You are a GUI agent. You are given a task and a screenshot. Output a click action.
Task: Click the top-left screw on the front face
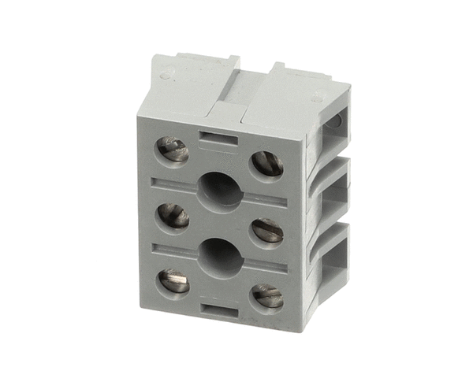tap(173, 150)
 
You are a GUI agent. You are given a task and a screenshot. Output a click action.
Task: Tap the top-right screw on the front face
tap(267, 164)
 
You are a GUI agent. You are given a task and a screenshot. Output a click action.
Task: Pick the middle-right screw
tap(267, 231)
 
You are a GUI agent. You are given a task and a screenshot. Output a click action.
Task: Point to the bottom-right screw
tap(267, 295)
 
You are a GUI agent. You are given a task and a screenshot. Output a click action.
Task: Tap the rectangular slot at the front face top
tap(219, 139)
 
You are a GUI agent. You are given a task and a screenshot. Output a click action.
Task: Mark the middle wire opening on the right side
tap(334, 201)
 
